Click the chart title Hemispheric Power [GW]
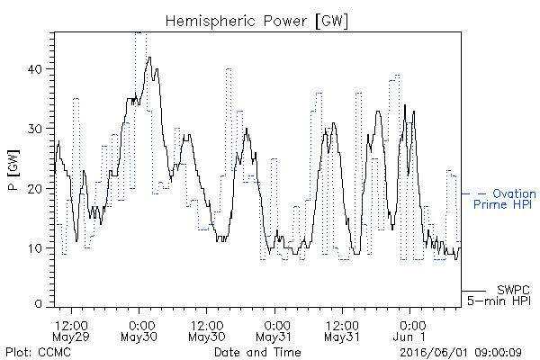256,22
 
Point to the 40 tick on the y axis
35,69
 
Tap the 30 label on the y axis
35,129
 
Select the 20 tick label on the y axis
35,189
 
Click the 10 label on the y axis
35,248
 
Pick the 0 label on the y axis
38,304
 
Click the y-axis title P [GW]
13,170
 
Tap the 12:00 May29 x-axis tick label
71,331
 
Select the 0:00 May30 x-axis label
139,331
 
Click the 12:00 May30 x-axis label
207,331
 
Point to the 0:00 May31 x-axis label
274,331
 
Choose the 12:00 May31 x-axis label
342,331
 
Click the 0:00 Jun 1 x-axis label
409,331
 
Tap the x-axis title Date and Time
257,353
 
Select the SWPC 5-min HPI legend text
499,295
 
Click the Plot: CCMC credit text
38,353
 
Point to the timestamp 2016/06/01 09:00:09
461,353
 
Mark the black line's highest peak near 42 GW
149,58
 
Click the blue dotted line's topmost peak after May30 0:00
140,32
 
